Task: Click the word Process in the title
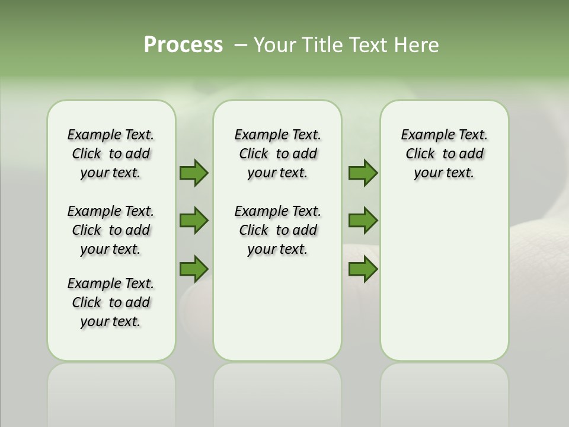(183, 44)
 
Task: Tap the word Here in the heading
(417, 45)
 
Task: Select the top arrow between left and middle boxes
(194, 173)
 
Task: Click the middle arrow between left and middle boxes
(194, 221)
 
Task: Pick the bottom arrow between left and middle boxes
(194, 269)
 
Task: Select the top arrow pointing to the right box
(363, 173)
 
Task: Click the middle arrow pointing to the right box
(363, 221)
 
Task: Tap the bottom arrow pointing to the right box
(363, 269)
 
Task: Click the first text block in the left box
(111, 154)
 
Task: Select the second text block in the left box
(111, 230)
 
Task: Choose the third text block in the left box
(111, 302)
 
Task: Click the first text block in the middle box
(277, 154)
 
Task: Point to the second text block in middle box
(277, 230)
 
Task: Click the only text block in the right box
(444, 154)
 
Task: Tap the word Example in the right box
(422, 135)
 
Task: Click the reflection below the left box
(111, 394)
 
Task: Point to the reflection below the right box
(445, 394)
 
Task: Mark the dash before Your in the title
(241, 45)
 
